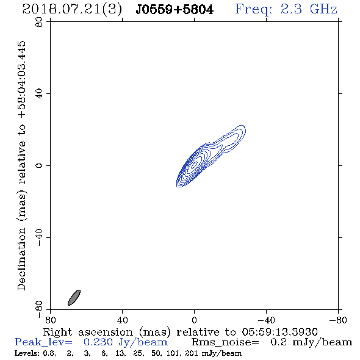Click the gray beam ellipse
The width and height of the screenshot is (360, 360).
tap(74, 298)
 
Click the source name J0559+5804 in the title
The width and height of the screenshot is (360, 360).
tap(175, 10)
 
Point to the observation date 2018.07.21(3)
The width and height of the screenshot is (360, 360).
tap(72, 10)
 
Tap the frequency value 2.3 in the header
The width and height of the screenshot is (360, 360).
tap(291, 9)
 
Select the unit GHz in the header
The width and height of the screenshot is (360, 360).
tap(323, 9)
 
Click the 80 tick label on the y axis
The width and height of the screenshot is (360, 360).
tap(39, 22)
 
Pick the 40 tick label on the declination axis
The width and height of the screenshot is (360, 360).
tap(39, 94)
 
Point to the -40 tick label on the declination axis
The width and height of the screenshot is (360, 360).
tap(39, 237)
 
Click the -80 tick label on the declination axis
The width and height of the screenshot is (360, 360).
tap(39, 309)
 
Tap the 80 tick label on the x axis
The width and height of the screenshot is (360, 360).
tap(50, 320)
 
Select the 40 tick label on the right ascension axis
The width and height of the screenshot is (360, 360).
tap(122, 320)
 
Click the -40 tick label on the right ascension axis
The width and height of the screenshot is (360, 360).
tap(266, 320)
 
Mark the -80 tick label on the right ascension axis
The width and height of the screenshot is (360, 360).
tap(338, 320)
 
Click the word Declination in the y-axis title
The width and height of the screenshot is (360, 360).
tap(21, 259)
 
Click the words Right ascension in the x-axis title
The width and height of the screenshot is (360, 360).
tap(88, 332)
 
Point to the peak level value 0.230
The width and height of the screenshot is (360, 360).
tap(98, 342)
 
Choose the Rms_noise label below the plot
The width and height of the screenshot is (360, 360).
tap(225, 342)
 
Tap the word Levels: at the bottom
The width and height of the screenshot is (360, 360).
tap(25, 353)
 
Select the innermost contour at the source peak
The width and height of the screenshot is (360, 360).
tap(195, 164)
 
